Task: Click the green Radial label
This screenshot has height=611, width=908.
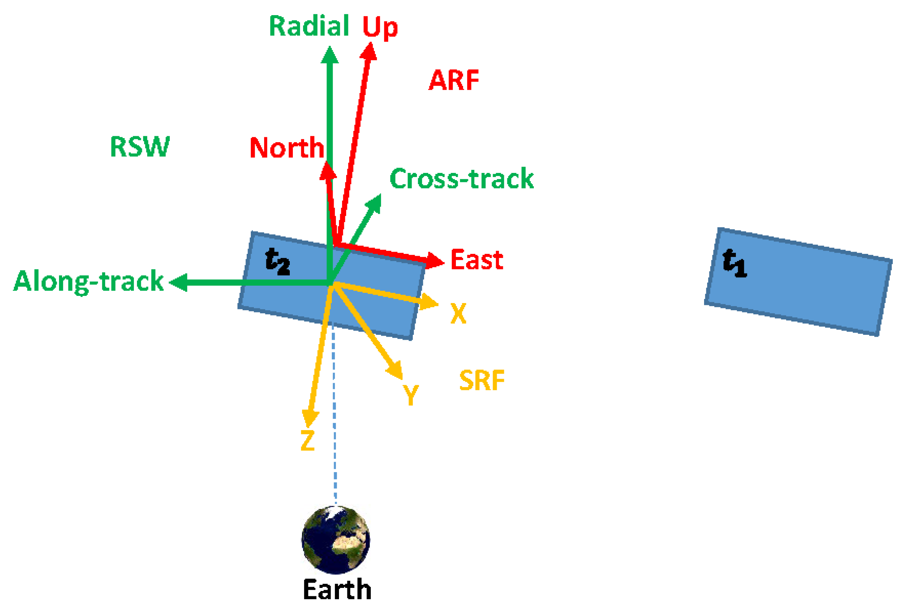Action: tap(309, 26)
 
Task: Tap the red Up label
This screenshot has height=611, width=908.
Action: tap(379, 27)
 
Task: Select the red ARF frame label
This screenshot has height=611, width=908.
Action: tap(454, 80)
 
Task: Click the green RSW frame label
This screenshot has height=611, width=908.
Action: tap(140, 147)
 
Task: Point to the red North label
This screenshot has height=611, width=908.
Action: tap(286, 148)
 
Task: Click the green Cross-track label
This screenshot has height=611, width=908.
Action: tap(462, 179)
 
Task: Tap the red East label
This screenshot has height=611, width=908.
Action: tap(477, 260)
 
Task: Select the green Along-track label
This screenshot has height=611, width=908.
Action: tap(89, 281)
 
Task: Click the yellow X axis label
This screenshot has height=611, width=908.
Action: tap(458, 313)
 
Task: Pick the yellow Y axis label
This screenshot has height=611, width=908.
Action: tap(410, 394)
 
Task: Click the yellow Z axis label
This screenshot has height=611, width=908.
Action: tap(308, 441)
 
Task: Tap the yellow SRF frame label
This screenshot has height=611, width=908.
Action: tap(482, 381)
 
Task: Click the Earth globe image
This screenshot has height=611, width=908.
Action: tap(336, 540)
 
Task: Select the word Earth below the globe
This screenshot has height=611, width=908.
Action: tap(337, 589)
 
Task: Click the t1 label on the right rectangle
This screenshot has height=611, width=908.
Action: tap(734, 264)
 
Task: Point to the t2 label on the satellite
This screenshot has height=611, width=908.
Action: tap(277, 262)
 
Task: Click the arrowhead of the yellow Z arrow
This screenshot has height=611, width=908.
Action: tap(310, 419)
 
